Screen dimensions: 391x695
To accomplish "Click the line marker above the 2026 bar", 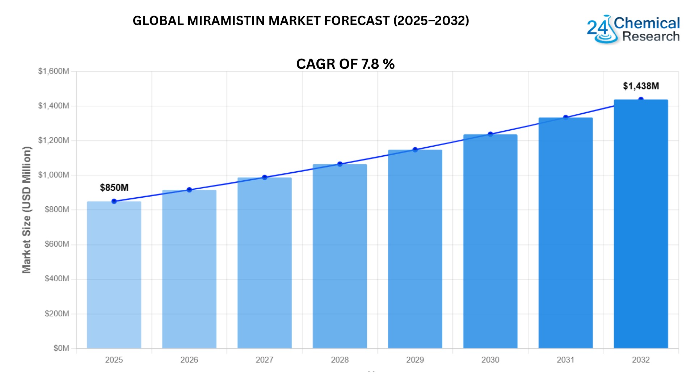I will click(189, 190).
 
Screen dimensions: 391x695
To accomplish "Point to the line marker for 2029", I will click(415, 150).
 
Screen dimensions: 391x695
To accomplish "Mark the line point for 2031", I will click(566, 118).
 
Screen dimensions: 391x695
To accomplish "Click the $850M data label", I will click(114, 188).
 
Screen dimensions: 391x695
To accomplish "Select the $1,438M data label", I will click(641, 86).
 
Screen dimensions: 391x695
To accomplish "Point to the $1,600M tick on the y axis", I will click(54, 71).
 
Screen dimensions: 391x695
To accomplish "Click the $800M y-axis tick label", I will click(57, 210).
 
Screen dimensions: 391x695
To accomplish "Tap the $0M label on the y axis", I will click(61, 348).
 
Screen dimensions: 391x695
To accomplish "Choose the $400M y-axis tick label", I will click(57, 279).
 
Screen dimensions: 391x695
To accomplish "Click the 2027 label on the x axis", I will click(265, 360).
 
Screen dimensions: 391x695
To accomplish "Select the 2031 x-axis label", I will click(565, 360).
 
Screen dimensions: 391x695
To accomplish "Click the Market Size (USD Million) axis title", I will click(27, 210).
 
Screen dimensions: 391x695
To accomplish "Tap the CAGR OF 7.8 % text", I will click(345, 64).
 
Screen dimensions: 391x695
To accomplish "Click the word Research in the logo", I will click(651, 37).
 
